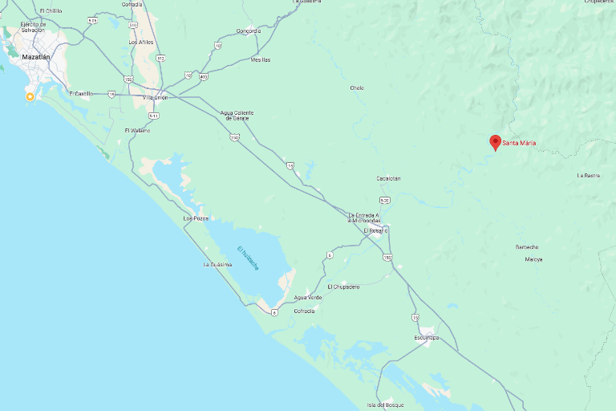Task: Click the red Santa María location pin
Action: (496, 142)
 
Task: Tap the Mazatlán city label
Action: (36, 58)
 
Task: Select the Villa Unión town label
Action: (154, 97)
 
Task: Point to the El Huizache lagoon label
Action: (249, 258)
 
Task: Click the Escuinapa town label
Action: (427, 338)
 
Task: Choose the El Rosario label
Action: (375, 230)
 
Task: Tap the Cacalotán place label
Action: (388, 178)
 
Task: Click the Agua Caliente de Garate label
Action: (237, 115)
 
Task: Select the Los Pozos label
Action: (196, 218)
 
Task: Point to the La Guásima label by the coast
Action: (217, 264)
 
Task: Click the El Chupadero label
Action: (343, 287)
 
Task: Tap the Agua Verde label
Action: (308, 298)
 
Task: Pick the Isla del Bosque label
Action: (385, 404)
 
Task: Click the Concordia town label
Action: (249, 31)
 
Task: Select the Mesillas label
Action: (261, 60)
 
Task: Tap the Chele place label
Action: (357, 87)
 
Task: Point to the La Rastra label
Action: (589, 175)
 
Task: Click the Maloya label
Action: (534, 259)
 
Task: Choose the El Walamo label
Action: (137, 130)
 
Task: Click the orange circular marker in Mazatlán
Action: (30, 96)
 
